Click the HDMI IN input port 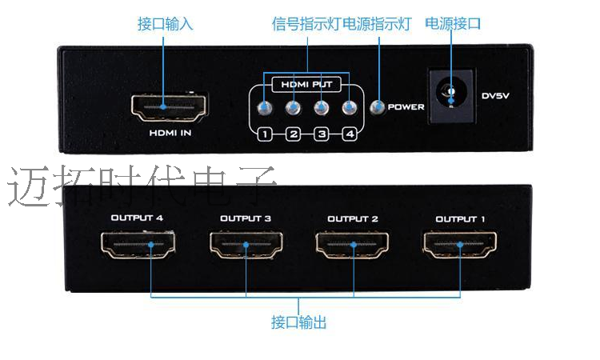click(x=168, y=106)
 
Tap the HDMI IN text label click(x=170, y=133)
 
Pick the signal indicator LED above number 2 click(x=294, y=108)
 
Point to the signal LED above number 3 click(x=321, y=108)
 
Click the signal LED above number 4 click(x=349, y=108)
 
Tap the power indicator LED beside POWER click(x=378, y=107)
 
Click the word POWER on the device click(x=406, y=107)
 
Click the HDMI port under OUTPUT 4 click(x=136, y=245)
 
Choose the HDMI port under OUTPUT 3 click(x=245, y=245)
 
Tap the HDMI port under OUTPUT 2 click(x=352, y=245)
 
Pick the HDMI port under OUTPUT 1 click(x=460, y=245)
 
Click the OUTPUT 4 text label click(x=137, y=218)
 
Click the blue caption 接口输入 click(x=166, y=24)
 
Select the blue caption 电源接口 click(x=453, y=24)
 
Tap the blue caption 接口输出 click(x=298, y=323)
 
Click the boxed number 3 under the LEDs click(x=322, y=134)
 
